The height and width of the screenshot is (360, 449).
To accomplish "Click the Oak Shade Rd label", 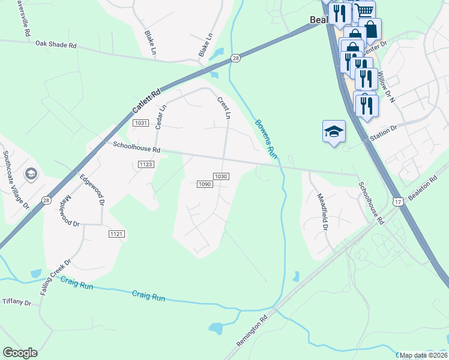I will pyautogui.click(x=56, y=44).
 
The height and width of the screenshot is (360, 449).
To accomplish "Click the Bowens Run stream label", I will pyautogui.click(x=265, y=139).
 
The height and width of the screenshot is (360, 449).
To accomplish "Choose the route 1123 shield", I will pyautogui.click(x=146, y=164).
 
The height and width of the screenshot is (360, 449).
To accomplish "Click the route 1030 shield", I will pyautogui.click(x=221, y=176).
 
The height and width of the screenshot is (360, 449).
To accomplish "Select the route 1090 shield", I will pyautogui.click(x=204, y=184).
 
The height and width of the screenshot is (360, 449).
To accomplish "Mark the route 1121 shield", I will pyautogui.click(x=116, y=233).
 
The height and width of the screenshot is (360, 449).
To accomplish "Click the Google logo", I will pyautogui.click(x=20, y=353).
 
